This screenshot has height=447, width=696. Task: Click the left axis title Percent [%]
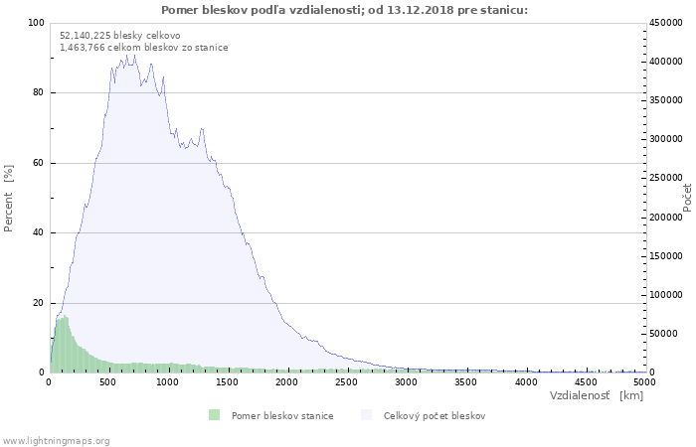click(9, 199)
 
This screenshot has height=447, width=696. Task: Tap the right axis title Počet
click(687, 197)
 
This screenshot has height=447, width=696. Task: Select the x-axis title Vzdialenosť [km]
click(596, 395)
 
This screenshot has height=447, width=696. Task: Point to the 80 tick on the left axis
click(38, 93)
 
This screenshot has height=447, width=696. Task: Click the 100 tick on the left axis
click(36, 23)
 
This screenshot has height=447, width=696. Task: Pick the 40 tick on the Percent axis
click(38, 233)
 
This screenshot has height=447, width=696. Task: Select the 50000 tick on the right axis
click(665, 334)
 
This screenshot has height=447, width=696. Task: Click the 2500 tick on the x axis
click(347, 381)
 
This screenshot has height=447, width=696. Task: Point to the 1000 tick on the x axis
click(168, 381)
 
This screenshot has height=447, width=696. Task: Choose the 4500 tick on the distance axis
click(586, 381)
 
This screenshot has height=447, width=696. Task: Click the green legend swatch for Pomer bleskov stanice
click(214, 415)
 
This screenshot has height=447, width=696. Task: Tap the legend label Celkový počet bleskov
click(435, 415)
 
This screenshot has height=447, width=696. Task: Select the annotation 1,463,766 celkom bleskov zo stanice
click(143, 48)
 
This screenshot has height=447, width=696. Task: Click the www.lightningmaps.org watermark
click(56, 440)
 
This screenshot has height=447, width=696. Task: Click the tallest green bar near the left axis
click(64, 318)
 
